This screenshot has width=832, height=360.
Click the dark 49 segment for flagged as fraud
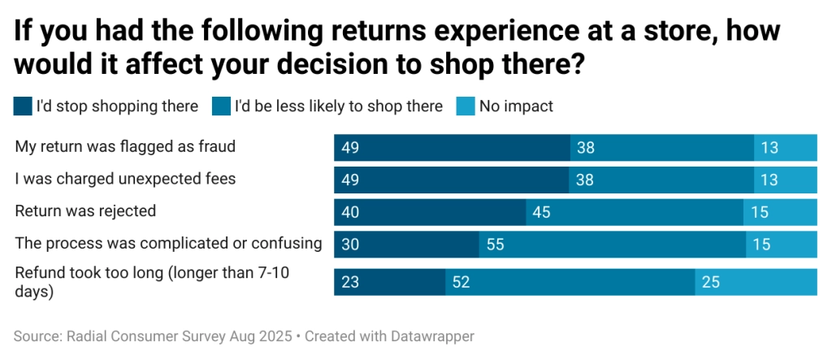[452, 147]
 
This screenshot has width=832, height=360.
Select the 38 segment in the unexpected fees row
[661, 179]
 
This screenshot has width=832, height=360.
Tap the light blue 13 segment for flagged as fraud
[785, 147]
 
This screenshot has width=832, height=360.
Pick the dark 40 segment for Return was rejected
[430, 211]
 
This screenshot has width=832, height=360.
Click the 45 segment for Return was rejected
[634, 211]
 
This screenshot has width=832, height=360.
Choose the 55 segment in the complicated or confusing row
[612, 244]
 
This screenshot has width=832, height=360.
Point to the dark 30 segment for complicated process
[406, 244]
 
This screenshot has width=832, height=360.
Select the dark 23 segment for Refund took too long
[389, 282]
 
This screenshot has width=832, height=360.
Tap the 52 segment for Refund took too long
[570, 282]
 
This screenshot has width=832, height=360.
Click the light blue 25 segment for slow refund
[756, 282]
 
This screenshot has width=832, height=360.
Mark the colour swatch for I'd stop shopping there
[23, 106]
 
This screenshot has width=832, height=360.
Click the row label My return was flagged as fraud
[125, 147]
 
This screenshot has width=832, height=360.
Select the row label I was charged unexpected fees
[125, 179]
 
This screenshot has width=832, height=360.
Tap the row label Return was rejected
[85, 211]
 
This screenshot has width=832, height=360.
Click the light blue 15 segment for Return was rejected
[780, 211]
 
